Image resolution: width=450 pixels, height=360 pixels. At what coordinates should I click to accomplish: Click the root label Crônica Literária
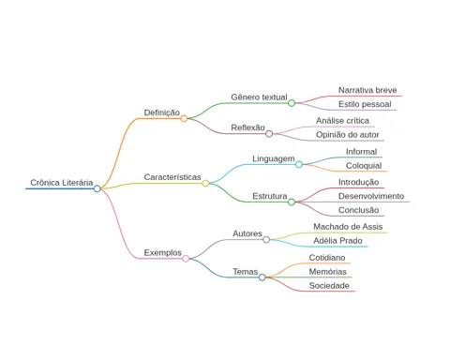[x=62, y=183]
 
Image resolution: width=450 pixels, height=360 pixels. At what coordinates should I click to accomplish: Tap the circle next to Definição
[x=184, y=118]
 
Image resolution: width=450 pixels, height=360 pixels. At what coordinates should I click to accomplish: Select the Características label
[x=172, y=177]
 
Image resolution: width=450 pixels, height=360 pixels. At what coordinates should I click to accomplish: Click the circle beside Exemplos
[x=186, y=259]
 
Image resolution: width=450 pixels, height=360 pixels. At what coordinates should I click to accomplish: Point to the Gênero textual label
[x=259, y=97]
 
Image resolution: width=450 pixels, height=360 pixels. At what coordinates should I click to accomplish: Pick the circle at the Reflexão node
[x=269, y=134]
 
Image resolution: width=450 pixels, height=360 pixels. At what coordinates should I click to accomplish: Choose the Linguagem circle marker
[x=299, y=164]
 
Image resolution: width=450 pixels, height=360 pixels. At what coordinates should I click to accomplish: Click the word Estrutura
[x=270, y=196]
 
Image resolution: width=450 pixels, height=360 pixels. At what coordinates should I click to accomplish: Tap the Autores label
[x=247, y=233]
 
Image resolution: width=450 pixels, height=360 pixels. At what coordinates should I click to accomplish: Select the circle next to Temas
[x=262, y=277]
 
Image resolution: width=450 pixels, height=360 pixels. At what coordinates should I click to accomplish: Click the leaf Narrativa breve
[x=367, y=90]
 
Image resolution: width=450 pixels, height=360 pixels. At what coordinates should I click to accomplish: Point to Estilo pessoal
[x=365, y=104]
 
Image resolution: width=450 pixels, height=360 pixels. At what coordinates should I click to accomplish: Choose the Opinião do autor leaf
[x=348, y=135]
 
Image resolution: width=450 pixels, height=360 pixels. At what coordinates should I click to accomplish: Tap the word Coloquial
[x=364, y=166]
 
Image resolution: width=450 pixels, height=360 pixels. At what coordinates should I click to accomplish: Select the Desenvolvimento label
[x=371, y=196]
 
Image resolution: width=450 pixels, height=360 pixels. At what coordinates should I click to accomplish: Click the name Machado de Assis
[x=348, y=227]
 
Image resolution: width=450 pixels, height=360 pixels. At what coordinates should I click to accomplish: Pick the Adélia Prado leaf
[x=337, y=241]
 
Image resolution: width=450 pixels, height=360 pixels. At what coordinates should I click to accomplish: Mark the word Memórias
[x=328, y=272]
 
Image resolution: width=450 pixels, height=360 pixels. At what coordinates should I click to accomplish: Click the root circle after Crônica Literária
[x=97, y=188]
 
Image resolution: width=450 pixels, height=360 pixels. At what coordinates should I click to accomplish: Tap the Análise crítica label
[x=342, y=121]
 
